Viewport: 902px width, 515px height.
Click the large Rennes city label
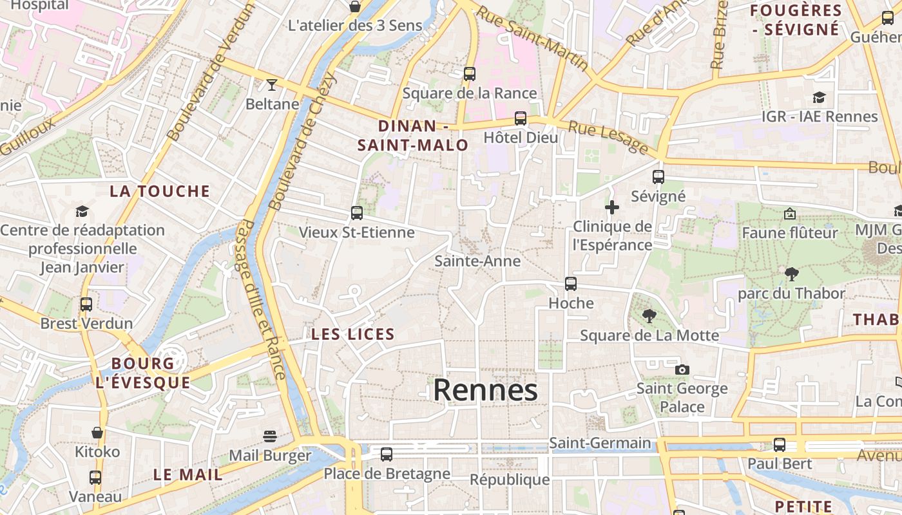click(x=485, y=390)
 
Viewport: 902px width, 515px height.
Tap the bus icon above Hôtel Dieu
click(x=520, y=118)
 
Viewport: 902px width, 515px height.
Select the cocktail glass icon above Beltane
click(x=272, y=85)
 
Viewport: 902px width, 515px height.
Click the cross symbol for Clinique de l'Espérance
click(x=611, y=207)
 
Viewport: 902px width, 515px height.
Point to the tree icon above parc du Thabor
click(x=791, y=274)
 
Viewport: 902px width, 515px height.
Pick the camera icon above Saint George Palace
click(x=682, y=370)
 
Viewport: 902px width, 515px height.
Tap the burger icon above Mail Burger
click(x=270, y=436)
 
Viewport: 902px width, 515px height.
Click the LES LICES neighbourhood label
click(x=352, y=334)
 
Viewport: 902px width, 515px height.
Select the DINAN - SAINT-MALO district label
click(x=413, y=136)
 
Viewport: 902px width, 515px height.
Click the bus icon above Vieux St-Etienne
click(x=356, y=213)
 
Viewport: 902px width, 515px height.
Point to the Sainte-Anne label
click(x=477, y=261)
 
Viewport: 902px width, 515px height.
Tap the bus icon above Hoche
click(x=570, y=284)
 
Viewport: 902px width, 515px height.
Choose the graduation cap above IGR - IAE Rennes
click(x=819, y=97)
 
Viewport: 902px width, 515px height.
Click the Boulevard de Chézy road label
click(x=303, y=142)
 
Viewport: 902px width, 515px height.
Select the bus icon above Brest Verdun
click(x=86, y=304)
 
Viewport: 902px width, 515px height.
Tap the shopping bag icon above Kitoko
click(x=97, y=433)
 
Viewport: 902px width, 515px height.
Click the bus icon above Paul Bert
click(x=780, y=444)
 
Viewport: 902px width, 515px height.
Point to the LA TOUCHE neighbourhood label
click(x=160, y=191)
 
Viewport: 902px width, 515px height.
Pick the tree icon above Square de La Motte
click(x=649, y=316)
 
